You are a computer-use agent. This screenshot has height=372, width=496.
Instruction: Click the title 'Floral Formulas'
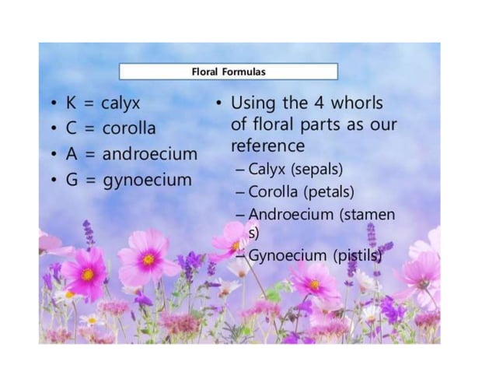[229, 72]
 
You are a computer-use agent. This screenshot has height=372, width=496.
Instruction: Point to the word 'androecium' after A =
[149, 153]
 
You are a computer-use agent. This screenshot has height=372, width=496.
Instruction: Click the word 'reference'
[267, 146]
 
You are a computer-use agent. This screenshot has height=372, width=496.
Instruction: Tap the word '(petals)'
[327, 191]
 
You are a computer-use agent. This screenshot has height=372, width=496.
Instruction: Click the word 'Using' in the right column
[250, 102]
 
